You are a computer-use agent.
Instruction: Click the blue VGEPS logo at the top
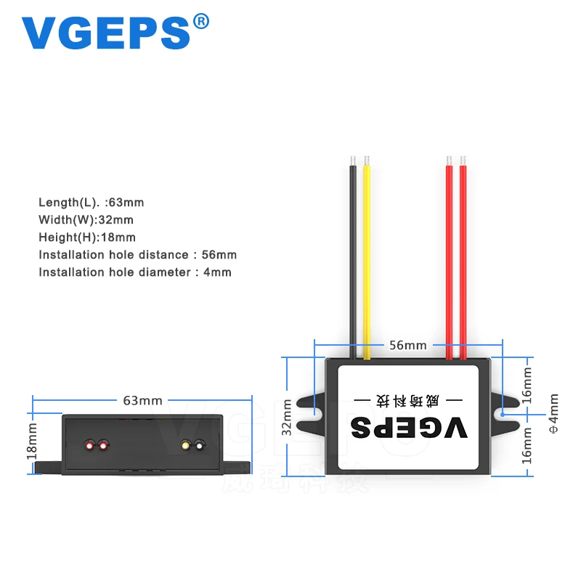[x=105, y=33]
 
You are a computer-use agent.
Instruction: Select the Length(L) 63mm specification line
[x=97, y=203]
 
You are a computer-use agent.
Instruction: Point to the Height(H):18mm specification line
[x=87, y=237]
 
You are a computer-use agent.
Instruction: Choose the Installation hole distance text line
[x=138, y=254]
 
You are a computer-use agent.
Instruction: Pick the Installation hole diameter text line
[x=135, y=272]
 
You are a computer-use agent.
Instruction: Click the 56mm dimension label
[x=407, y=346]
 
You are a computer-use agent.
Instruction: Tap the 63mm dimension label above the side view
[x=143, y=400]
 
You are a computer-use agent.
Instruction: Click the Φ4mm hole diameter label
[x=553, y=413]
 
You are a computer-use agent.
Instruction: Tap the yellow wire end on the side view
[x=186, y=444]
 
